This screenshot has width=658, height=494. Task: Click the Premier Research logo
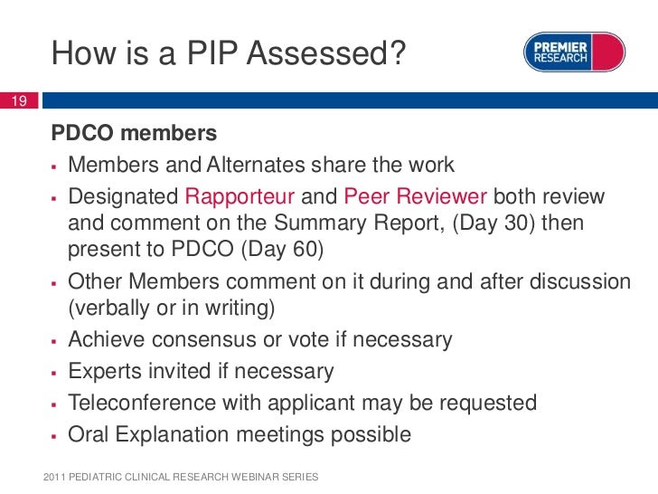coord(575,52)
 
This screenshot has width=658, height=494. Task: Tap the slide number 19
coord(16,100)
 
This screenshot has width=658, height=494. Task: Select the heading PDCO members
coord(134,134)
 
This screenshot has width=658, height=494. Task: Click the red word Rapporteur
coord(240,196)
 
